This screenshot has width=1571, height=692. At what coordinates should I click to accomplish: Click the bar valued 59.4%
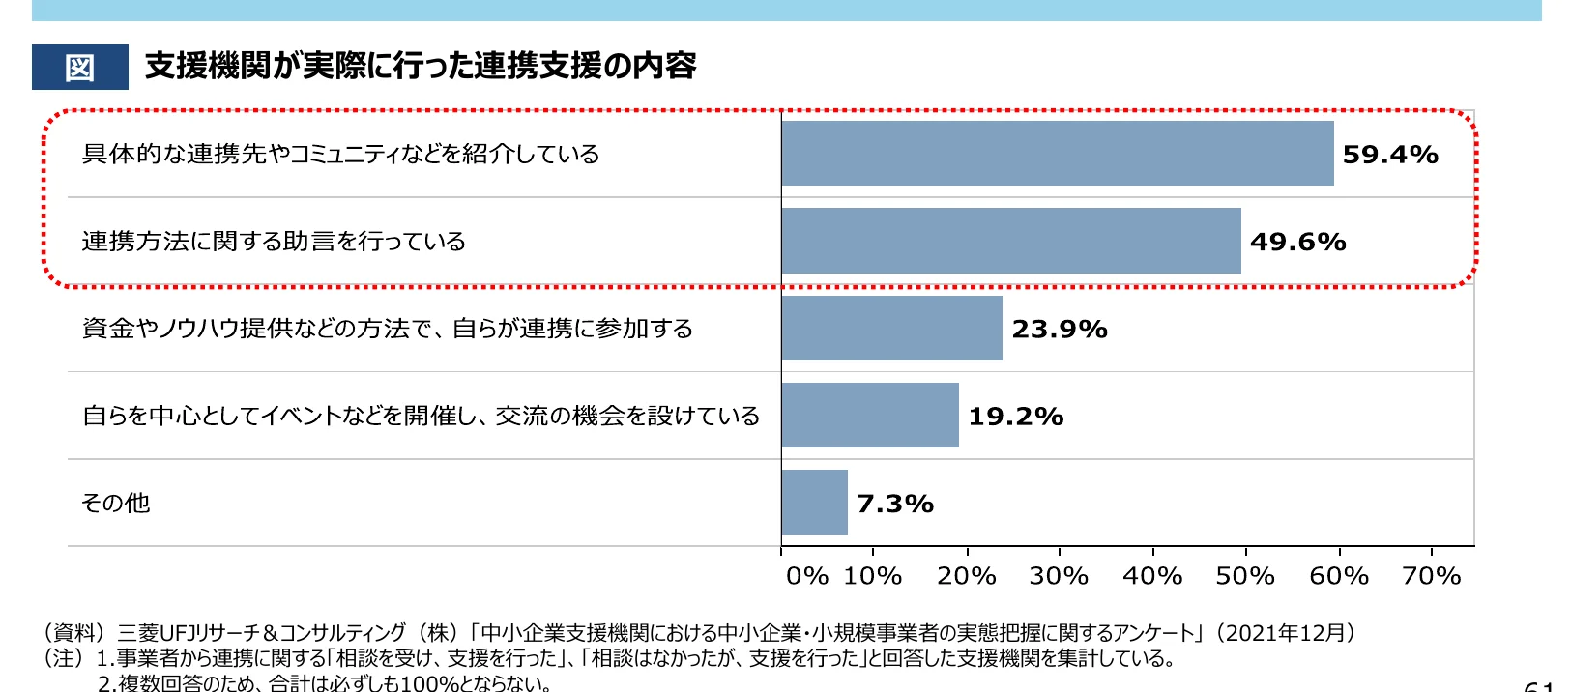tap(1057, 154)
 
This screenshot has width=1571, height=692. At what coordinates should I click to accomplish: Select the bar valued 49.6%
tap(1010, 241)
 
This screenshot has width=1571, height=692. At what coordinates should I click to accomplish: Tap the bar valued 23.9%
tap(891, 329)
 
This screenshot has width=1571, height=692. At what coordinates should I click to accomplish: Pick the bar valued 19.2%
tap(870, 416)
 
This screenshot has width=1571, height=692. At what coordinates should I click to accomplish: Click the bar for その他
tap(814, 503)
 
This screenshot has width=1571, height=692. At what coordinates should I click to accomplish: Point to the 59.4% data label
tap(1389, 155)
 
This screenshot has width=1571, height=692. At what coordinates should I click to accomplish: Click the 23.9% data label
tap(1059, 330)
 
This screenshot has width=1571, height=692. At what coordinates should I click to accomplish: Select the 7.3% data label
tap(894, 504)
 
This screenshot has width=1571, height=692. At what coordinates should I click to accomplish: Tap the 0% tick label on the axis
tap(806, 576)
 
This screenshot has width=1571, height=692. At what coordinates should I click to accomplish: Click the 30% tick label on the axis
tap(1058, 576)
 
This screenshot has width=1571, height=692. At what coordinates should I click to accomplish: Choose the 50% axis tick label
tap(1244, 576)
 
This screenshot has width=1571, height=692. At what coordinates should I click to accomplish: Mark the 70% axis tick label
tap(1431, 576)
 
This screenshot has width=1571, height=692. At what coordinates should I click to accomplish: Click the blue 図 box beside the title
tap(79, 68)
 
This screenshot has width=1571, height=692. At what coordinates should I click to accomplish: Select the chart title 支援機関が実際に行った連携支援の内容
tap(421, 66)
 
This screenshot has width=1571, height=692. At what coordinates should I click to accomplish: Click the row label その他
tap(115, 503)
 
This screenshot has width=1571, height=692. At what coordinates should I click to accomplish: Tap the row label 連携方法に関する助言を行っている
tap(274, 241)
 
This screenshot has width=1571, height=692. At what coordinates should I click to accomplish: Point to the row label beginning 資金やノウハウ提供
tap(387, 329)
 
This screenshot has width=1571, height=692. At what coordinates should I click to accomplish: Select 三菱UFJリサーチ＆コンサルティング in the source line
tap(261, 633)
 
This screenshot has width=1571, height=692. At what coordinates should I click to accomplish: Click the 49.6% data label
tap(1297, 242)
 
